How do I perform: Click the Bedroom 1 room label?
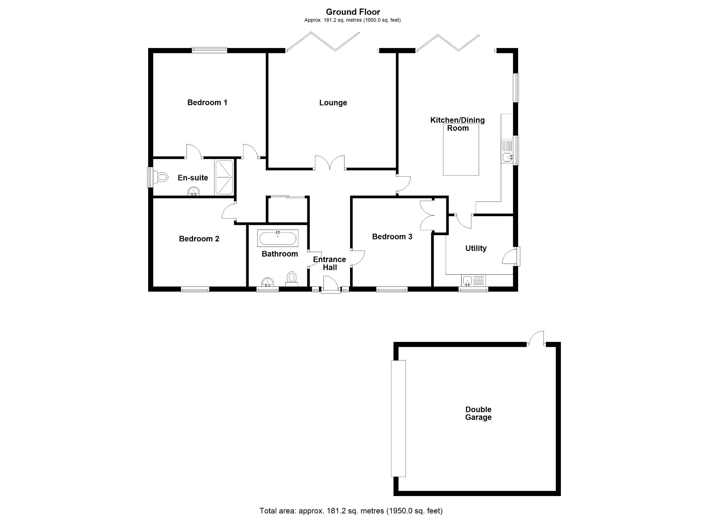point(207,102)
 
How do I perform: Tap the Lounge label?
point(333,103)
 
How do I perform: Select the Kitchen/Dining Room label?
point(457,124)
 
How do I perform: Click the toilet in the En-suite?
point(161,177)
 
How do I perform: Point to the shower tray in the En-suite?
point(224,177)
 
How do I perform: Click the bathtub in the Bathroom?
point(278,238)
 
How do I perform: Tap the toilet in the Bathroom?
point(292,278)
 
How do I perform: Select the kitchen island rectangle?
point(461,149)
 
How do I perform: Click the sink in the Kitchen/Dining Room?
point(507,157)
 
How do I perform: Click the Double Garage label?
point(478,413)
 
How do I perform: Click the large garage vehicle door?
point(398,418)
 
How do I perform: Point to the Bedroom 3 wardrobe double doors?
point(427,215)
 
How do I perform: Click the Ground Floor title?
point(353,12)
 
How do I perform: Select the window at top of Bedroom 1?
point(209,50)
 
